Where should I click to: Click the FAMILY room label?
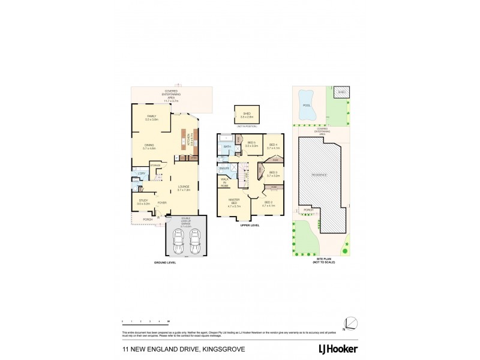[151, 118]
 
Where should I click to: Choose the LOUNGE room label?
[184, 188]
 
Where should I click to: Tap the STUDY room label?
[143, 202]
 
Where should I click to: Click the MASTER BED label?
[233, 205]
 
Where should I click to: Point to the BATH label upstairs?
[227, 146]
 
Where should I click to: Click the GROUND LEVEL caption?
[164, 263]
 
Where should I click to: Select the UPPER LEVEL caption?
[249, 226]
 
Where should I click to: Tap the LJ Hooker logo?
[338, 349]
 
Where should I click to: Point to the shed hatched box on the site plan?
[341, 92]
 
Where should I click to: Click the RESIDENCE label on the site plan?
[320, 175]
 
